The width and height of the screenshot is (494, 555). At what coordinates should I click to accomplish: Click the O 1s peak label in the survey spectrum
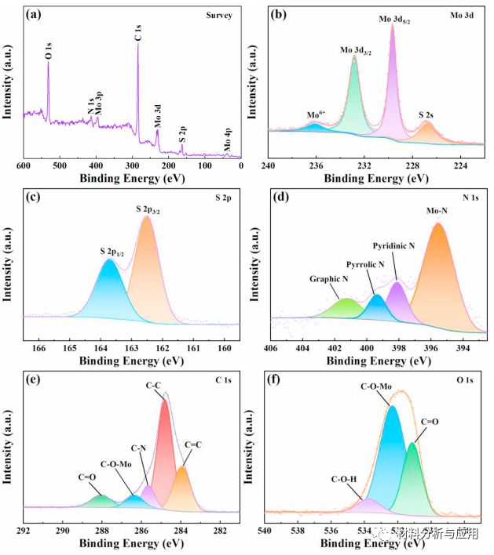click(x=49, y=52)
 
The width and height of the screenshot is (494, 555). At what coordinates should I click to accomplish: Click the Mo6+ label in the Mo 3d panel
click(x=317, y=114)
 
